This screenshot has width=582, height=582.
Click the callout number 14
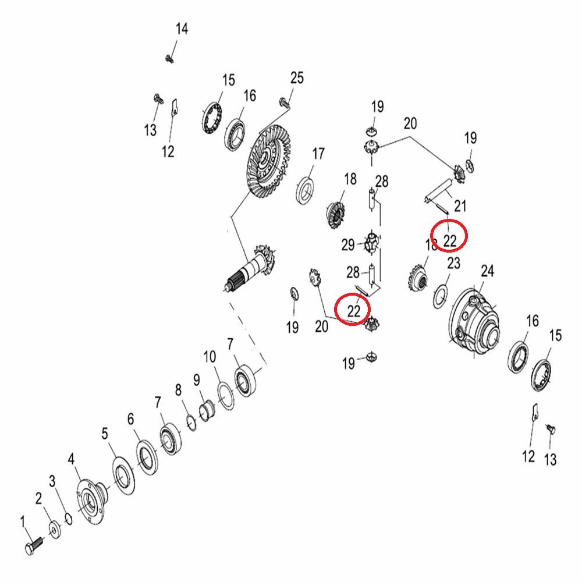[x=182, y=29]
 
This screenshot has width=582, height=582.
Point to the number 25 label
[x=297, y=78]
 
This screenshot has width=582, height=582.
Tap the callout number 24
[x=487, y=271]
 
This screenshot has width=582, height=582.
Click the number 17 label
[x=318, y=154]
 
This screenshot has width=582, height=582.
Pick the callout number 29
[x=348, y=245]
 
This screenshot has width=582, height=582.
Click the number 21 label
[x=460, y=205]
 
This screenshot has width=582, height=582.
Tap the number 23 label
[x=453, y=264]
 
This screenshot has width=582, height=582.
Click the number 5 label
[x=105, y=433]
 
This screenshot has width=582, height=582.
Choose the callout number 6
[x=130, y=419]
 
